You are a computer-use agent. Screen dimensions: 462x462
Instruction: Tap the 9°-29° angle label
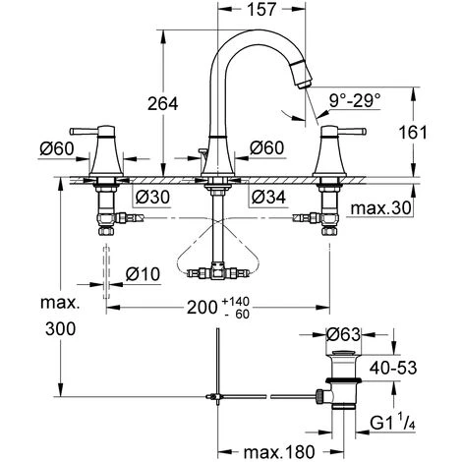355,99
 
